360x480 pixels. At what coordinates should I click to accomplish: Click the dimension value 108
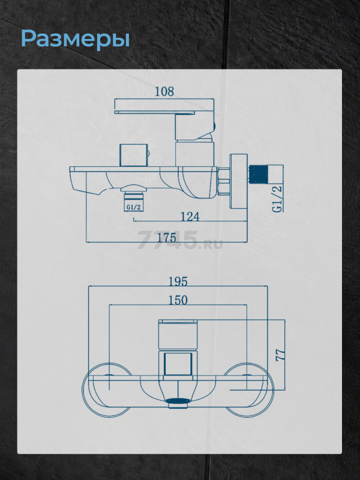pyautogui.click(x=164, y=91)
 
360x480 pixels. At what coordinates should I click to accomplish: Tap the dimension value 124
pyautogui.click(x=190, y=217)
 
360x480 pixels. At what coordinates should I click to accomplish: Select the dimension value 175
pyautogui.click(x=167, y=238)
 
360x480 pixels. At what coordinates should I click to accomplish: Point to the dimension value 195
pyautogui.click(x=178, y=281)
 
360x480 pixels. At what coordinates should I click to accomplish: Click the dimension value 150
pyautogui.click(x=178, y=300)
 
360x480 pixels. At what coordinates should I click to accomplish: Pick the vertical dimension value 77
pyautogui.click(x=280, y=355)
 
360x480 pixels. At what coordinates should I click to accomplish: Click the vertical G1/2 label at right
pyautogui.click(x=277, y=199)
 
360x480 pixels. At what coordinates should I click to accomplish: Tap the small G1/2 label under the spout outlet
pyautogui.click(x=133, y=207)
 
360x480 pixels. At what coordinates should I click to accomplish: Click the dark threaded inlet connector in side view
pyautogui.click(x=259, y=175)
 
